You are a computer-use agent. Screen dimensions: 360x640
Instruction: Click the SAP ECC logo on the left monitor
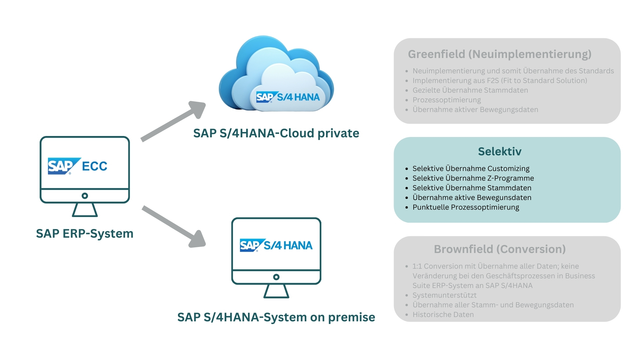(77, 166)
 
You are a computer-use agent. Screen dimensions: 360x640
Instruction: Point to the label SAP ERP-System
(85, 234)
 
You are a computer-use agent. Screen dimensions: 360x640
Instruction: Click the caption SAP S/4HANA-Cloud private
(276, 133)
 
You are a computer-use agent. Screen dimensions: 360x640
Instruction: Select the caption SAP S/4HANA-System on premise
(276, 317)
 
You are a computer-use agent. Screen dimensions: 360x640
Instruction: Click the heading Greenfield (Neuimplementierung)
(499, 54)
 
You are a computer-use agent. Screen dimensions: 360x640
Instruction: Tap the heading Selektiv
(499, 152)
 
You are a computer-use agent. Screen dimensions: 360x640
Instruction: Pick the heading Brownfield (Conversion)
(499, 249)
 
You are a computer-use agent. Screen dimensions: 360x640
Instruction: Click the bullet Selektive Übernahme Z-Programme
(473, 178)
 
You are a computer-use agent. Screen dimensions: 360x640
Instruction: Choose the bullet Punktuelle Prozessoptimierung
(466, 207)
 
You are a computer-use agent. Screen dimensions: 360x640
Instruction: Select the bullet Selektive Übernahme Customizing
(471, 169)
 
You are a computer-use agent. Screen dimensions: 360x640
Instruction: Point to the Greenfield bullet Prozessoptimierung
(447, 100)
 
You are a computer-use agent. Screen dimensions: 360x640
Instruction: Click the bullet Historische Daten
(443, 315)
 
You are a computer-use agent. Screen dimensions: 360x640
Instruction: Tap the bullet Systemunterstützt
(444, 295)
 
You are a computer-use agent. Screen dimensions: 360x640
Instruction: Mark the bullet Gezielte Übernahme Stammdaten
(470, 90)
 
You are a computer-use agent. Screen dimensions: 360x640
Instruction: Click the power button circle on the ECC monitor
(85, 196)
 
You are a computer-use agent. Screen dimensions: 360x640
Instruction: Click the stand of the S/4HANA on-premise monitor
(276, 291)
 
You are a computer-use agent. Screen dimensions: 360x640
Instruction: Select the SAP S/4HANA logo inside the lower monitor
(276, 246)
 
